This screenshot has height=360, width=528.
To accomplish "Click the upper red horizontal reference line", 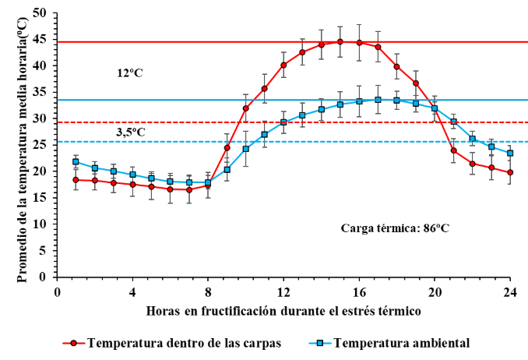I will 156,41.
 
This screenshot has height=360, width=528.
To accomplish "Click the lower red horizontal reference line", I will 156,122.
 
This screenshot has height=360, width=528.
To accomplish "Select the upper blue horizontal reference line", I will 156,101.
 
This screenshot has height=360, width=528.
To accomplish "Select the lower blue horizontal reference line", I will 156,142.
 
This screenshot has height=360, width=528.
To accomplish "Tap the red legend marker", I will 73,343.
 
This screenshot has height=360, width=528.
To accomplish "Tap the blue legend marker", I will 319,343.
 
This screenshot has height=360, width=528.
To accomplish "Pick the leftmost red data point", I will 76,180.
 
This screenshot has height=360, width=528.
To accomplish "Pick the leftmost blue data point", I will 76,162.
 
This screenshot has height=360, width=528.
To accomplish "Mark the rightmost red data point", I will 510,172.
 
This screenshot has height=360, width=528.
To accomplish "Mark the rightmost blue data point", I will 510,154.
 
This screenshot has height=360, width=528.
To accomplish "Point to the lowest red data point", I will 188,189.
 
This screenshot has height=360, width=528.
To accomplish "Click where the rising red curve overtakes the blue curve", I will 211,181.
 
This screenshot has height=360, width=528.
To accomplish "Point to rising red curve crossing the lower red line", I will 237,122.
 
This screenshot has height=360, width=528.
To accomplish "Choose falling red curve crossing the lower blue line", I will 452,142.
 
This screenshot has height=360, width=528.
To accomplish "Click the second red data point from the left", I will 94,181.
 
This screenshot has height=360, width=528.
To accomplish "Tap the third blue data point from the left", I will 114,171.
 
